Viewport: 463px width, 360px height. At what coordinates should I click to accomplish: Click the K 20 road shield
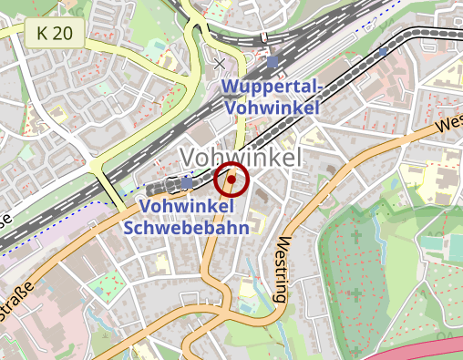pos(55,35)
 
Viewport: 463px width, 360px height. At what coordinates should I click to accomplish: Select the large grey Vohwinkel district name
pos(241,157)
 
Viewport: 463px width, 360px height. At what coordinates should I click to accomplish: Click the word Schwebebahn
pos(195,228)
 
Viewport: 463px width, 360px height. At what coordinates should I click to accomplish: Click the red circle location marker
pos(231,181)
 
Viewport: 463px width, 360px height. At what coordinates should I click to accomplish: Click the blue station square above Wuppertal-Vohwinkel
pos(273,61)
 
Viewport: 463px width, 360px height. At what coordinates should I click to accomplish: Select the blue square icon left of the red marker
pos(188,183)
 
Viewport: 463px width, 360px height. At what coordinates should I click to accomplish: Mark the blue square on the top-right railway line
pos(381,53)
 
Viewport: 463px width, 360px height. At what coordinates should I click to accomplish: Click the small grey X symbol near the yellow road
pos(219,64)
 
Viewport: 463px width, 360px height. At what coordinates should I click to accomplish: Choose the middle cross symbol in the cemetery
pos(354,293)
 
